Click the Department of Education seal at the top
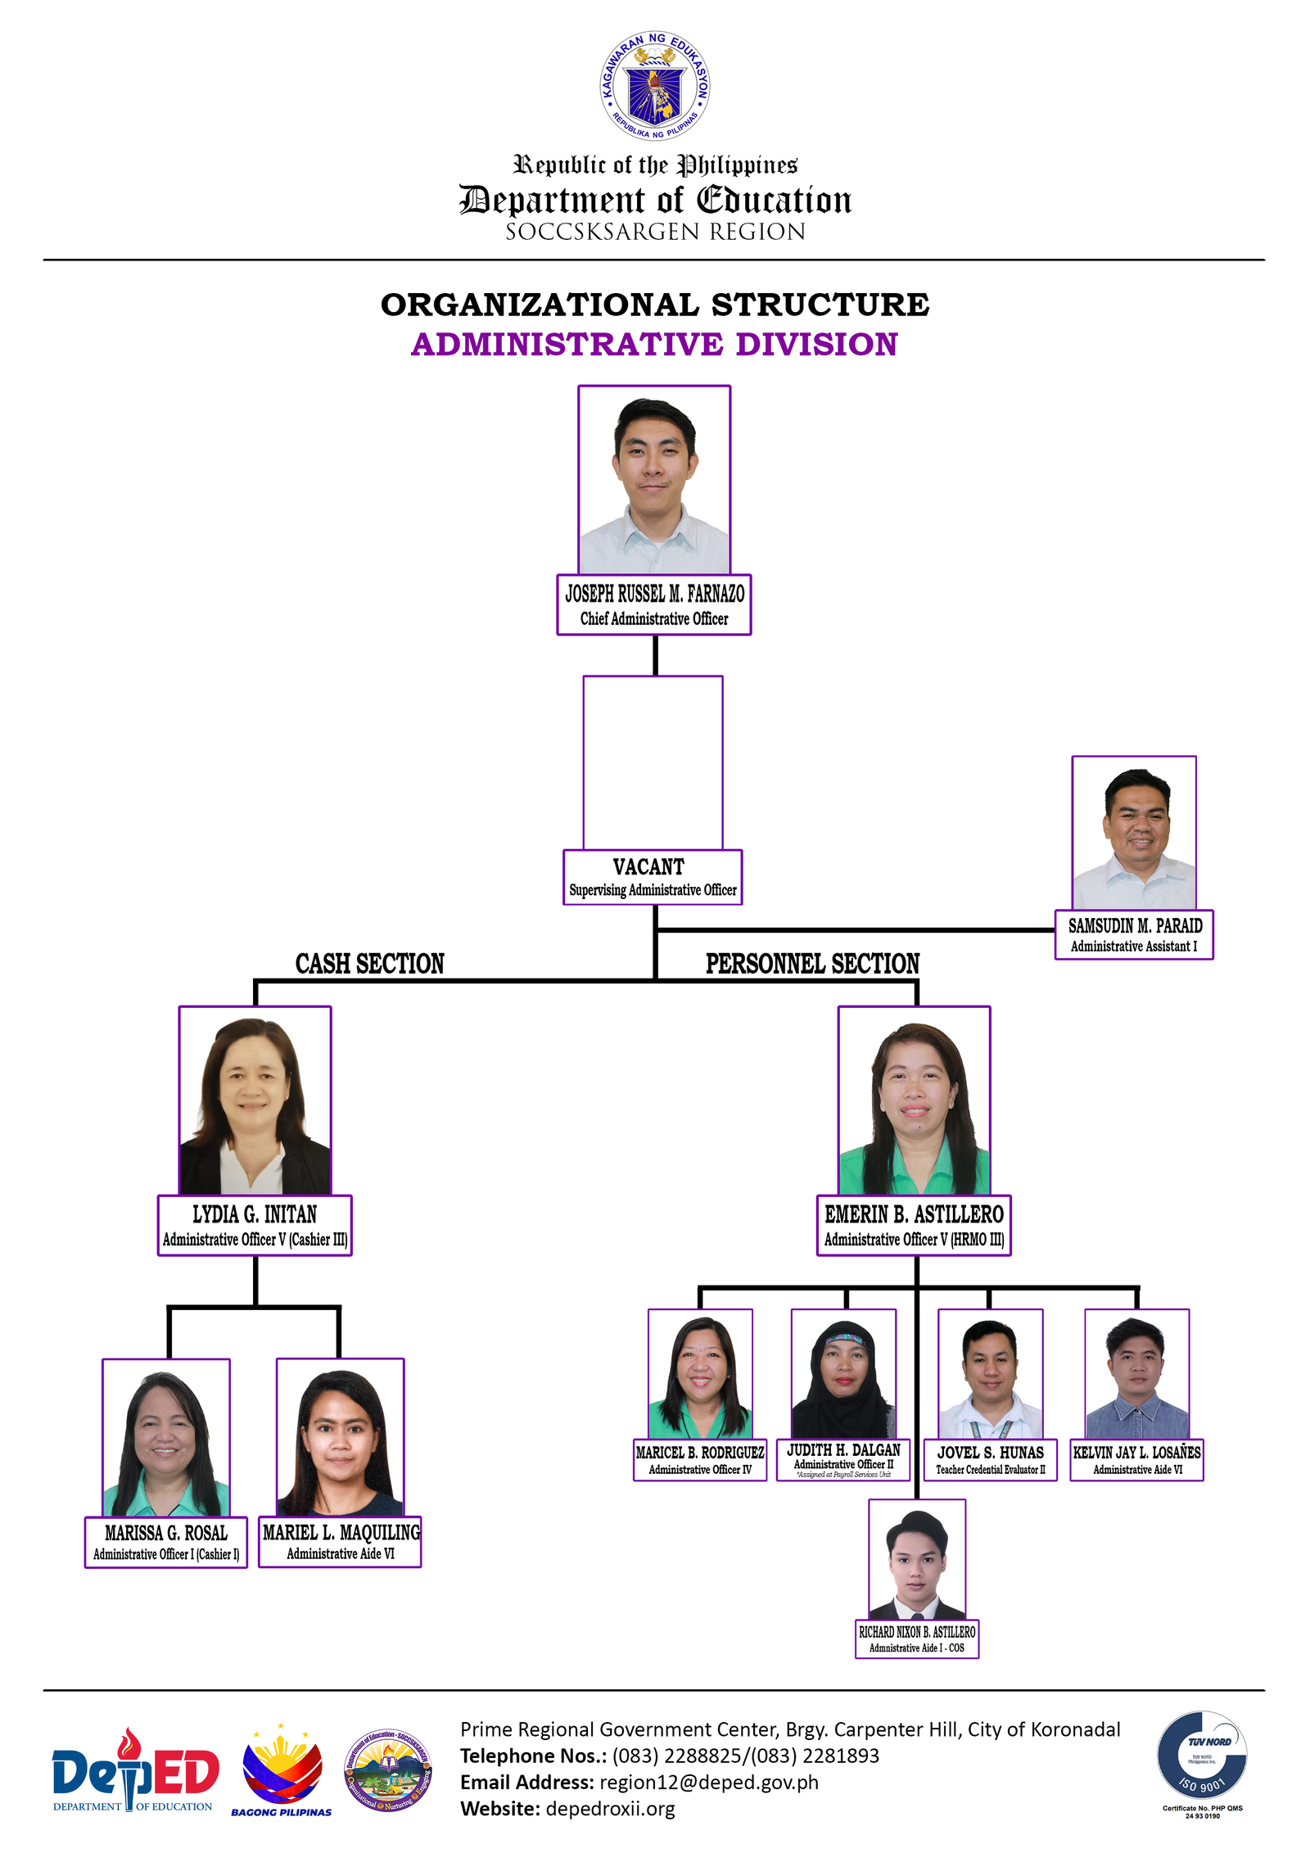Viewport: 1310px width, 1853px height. click(x=654, y=86)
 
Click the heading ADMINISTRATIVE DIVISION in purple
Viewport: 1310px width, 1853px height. click(x=654, y=344)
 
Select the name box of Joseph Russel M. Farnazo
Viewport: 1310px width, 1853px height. click(x=654, y=604)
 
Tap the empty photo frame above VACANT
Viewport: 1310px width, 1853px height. click(x=653, y=762)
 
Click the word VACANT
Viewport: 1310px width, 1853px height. click(x=648, y=866)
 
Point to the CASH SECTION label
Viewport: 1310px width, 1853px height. click(x=369, y=964)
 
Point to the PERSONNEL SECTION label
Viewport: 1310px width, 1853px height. click(x=812, y=964)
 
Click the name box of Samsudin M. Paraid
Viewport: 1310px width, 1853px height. click(x=1134, y=934)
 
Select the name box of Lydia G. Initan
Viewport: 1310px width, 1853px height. click(x=255, y=1225)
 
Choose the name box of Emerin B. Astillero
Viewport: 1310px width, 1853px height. click(x=914, y=1225)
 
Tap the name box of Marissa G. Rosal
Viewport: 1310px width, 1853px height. click(x=166, y=1542)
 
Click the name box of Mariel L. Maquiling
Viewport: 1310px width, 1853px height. click(x=340, y=1541)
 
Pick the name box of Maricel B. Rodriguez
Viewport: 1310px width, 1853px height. click(x=700, y=1459)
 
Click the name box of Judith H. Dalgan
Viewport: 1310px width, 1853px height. click(x=843, y=1460)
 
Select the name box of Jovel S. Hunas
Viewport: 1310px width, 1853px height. click(x=990, y=1459)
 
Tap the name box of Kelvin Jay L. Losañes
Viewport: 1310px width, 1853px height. click(x=1136, y=1459)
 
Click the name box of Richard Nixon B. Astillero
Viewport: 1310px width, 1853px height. click(x=917, y=1638)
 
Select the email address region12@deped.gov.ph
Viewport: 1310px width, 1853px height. click(x=709, y=1782)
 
